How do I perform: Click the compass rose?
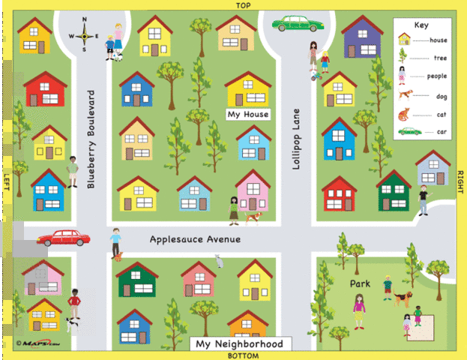coord(85,34)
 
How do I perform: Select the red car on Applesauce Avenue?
coord(64,238)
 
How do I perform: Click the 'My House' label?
coord(247,115)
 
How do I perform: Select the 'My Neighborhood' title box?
coord(240,344)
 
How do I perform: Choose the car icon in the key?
coord(409,132)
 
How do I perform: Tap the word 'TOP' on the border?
coord(242,4)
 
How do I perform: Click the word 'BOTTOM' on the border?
coord(243,355)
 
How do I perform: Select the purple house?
coord(362,37)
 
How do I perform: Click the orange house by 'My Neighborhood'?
coord(248,325)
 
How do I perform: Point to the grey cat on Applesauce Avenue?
coord(219,261)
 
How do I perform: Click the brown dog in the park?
coord(403,298)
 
